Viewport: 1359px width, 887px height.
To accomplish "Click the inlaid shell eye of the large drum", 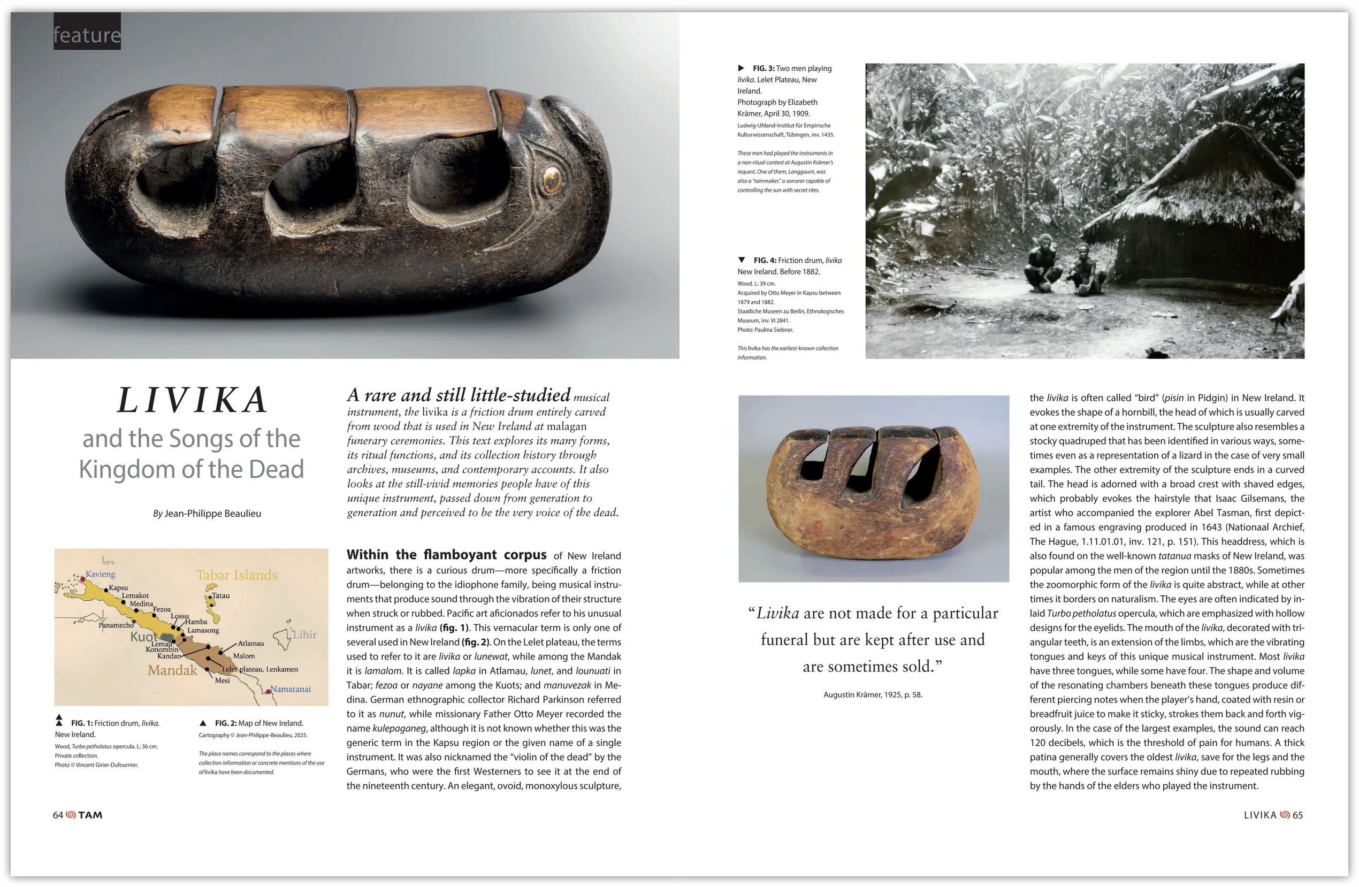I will click(x=551, y=179).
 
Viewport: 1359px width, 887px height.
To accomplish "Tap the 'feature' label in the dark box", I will click(x=87, y=35).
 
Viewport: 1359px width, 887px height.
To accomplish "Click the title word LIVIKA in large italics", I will click(x=192, y=400).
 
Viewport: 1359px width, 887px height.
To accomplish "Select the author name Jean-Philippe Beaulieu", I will click(x=212, y=513).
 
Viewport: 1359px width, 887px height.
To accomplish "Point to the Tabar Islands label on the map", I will click(x=236, y=575).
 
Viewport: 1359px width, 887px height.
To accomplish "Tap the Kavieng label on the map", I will click(x=101, y=574).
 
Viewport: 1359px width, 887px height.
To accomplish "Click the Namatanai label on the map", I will click(x=290, y=689).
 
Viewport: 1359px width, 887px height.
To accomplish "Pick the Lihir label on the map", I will click(x=304, y=634).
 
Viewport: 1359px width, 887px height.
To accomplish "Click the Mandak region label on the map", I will click(x=172, y=670).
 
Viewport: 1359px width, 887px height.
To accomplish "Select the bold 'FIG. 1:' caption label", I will click(x=82, y=723).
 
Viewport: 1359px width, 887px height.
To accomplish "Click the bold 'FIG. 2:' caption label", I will click(x=226, y=723).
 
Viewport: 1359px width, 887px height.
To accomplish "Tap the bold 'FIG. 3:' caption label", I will click(x=763, y=68).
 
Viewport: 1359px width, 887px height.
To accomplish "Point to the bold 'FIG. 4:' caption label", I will click(x=764, y=261).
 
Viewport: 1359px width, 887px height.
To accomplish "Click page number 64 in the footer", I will click(x=58, y=815).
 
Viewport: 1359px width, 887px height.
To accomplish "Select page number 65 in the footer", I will click(x=1297, y=815).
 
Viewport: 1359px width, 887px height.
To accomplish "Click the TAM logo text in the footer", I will click(x=90, y=815).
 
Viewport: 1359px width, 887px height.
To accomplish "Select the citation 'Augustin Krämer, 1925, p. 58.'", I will click(x=873, y=694).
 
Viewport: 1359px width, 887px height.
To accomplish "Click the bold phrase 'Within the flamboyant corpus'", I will click(x=446, y=555).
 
